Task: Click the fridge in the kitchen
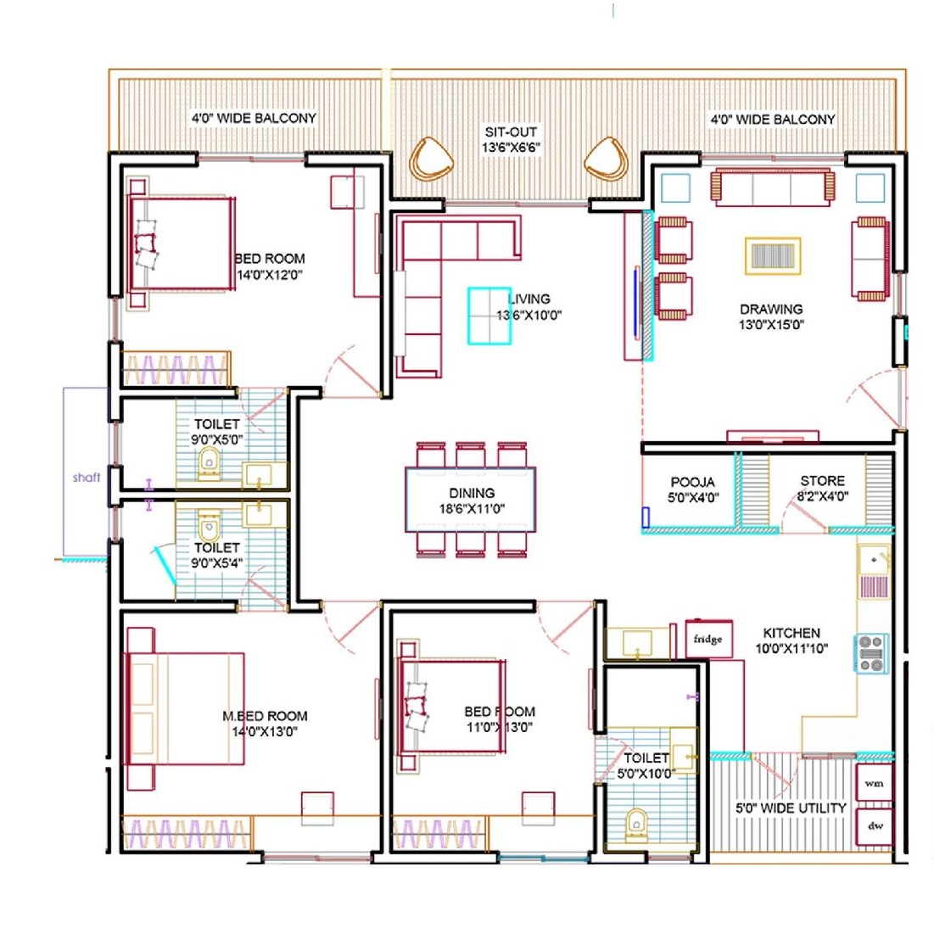pyautogui.click(x=708, y=638)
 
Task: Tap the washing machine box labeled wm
pyautogui.click(x=874, y=783)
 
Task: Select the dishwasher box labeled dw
pyautogui.click(x=874, y=826)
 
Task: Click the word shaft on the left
pyautogui.click(x=87, y=477)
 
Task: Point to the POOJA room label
pyautogui.click(x=693, y=482)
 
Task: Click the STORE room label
pyautogui.click(x=823, y=481)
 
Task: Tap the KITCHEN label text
pyautogui.click(x=791, y=633)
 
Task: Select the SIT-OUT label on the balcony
pyautogui.click(x=511, y=131)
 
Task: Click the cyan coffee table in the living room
pyautogui.click(x=489, y=316)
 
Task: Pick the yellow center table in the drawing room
pyautogui.click(x=773, y=256)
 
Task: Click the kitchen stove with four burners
pyautogui.click(x=871, y=653)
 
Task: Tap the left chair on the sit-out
pyautogui.click(x=431, y=159)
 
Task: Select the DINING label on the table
pyautogui.click(x=472, y=493)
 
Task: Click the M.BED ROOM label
pyautogui.click(x=265, y=716)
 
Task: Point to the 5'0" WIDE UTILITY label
pyautogui.click(x=791, y=808)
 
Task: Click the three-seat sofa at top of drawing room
pyautogui.click(x=773, y=187)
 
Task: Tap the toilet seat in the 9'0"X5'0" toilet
pyautogui.click(x=209, y=463)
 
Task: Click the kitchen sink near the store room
pyautogui.click(x=874, y=561)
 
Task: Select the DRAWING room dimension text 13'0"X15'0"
pyautogui.click(x=772, y=325)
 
